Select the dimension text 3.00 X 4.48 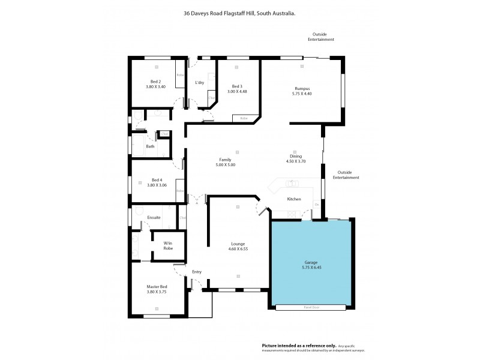click(237, 92)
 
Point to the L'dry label click(199, 83)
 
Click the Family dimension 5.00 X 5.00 click(225, 164)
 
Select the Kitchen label click(293, 199)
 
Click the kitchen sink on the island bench click(292, 184)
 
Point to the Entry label click(197, 272)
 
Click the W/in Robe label click(168, 245)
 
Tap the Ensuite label click(154, 217)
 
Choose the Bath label click(150, 146)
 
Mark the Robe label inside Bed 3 click(244, 118)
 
